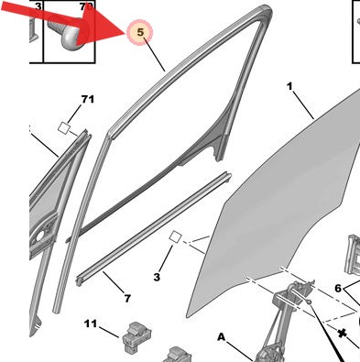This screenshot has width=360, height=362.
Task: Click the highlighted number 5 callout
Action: (x=139, y=32)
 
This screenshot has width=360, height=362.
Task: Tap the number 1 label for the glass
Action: (x=289, y=87)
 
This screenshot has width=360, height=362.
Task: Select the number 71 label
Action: (x=88, y=99)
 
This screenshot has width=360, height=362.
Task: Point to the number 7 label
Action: (x=127, y=298)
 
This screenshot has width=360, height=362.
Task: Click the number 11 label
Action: (x=91, y=324)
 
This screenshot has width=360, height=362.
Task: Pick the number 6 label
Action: (x=338, y=288)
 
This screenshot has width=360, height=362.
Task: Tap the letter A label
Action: (x=222, y=337)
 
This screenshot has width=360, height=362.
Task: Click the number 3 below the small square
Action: (x=157, y=277)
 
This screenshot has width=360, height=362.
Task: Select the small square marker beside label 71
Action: (x=64, y=128)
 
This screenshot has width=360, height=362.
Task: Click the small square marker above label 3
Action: (x=176, y=237)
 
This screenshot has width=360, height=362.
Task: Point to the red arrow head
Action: (x=101, y=26)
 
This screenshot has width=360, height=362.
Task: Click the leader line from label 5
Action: (x=155, y=55)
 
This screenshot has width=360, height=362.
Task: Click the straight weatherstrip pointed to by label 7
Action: (x=154, y=229)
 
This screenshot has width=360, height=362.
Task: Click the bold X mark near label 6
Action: (x=342, y=334)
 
